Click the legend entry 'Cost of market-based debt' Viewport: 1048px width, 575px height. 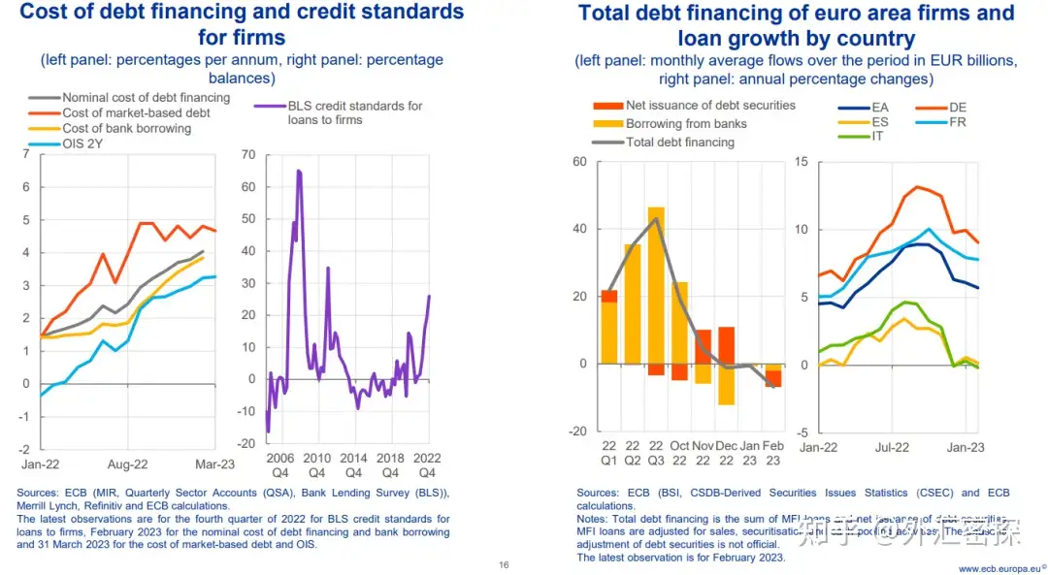coord(136,112)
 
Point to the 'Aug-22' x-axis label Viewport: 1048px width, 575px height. coord(127,464)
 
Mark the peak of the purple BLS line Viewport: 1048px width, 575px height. coord(299,171)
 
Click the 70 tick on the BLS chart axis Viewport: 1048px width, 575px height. coord(246,154)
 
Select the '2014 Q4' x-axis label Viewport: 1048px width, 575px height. coord(353,464)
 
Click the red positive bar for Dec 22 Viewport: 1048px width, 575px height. coord(726,345)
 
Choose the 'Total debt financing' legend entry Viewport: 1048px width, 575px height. coord(679,142)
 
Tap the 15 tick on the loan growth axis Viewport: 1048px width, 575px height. coord(801,161)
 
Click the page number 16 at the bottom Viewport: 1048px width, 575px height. coord(504,565)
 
